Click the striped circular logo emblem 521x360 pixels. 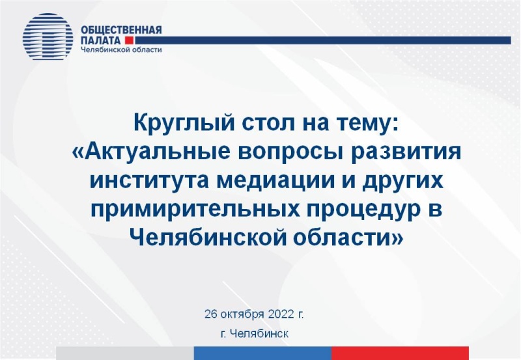coord(48,36)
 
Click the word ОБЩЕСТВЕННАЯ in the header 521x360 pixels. coord(121,30)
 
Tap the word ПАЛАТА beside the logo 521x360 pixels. coord(101,40)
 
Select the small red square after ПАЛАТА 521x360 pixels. coord(129,40)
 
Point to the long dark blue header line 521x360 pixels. coord(323,40)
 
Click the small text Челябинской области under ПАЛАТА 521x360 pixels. coord(121,50)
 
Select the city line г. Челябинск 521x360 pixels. coord(255,333)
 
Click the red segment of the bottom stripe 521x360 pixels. coord(400,353)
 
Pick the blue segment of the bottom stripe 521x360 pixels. coord(262,353)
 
